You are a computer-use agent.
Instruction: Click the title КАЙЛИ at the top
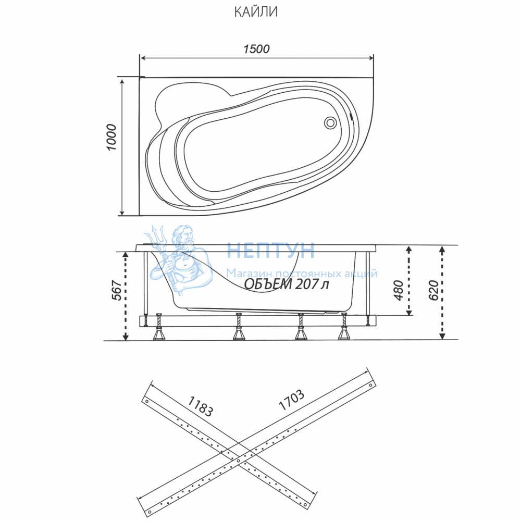pos(256,12)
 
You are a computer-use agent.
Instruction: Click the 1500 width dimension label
pos(256,49)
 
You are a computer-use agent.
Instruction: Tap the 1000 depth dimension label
pos(112,138)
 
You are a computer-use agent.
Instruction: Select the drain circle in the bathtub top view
pos(330,122)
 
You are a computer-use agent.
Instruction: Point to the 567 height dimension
pos(117,290)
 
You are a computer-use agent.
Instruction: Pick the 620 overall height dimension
pos(433,290)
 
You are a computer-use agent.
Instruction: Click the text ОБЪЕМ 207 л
pos(287,284)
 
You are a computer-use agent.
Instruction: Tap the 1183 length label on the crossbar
pos(200,406)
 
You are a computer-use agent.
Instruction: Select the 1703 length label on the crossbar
pos(291,400)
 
